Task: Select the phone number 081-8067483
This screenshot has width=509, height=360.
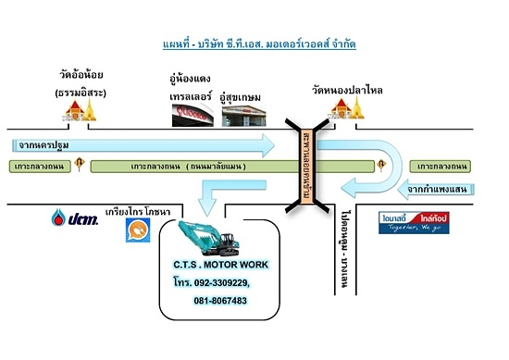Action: coord(220,301)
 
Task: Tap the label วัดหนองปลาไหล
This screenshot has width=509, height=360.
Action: coord(347,90)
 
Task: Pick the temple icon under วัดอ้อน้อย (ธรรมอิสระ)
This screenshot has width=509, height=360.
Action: coord(78,111)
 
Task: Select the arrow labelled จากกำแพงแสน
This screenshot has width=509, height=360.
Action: coord(416,190)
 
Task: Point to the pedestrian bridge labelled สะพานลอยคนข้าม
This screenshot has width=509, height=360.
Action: coord(303,167)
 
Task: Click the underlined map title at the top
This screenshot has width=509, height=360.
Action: coord(255,43)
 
